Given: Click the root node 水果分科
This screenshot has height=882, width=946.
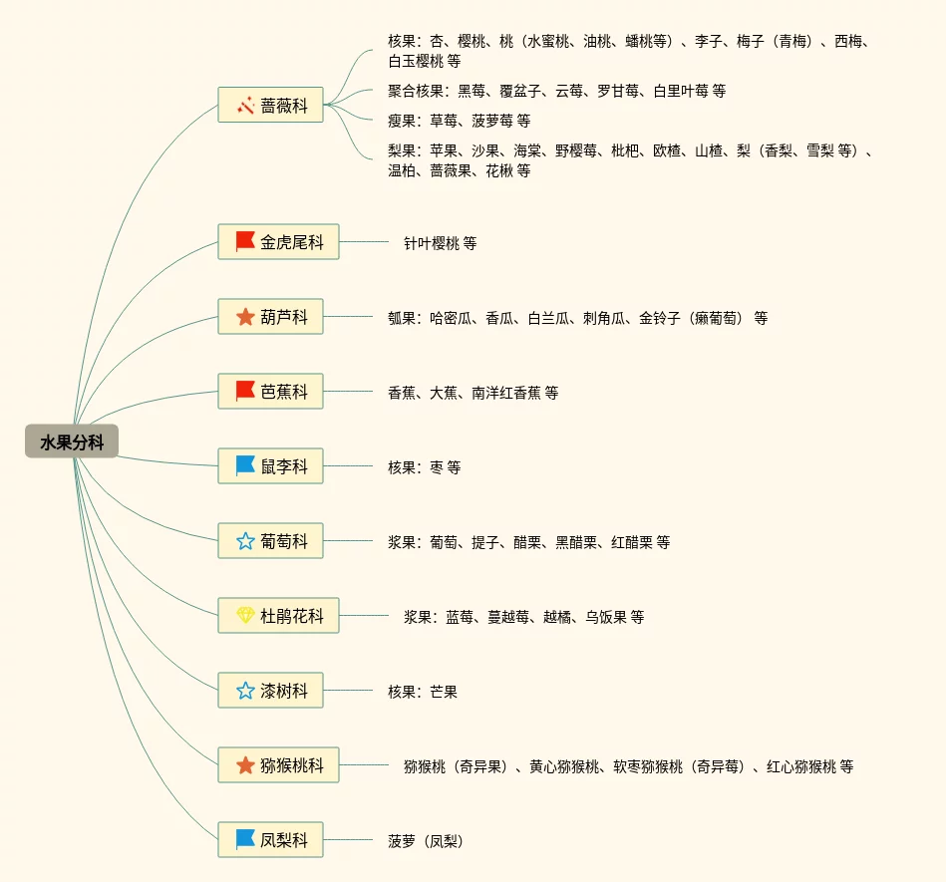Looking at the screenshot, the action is pyautogui.click(x=72, y=441).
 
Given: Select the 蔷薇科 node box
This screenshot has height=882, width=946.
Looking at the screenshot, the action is pyautogui.click(x=270, y=105).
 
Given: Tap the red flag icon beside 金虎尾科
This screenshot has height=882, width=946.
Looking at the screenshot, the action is pyautogui.click(x=245, y=242).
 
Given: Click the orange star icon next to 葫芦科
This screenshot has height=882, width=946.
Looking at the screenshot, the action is pyautogui.click(x=245, y=317).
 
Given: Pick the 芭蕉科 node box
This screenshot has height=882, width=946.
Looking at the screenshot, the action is pyautogui.click(x=270, y=392).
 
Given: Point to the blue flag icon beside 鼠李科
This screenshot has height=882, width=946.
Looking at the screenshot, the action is pyautogui.click(x=245, y=466).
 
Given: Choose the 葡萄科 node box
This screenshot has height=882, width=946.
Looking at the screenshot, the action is pyautogui.click(x=270, y=541).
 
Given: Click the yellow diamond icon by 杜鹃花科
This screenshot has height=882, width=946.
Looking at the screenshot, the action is pyautogui.click(x=245, y=616).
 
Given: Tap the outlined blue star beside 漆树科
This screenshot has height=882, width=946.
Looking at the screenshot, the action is pyautogui.click(x=245, y=691).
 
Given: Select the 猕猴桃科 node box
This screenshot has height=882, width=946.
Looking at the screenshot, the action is pyautogui.click(x=278, y=765).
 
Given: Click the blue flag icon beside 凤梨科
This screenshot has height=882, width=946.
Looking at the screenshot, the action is pyautogui.click(x=245, y=840).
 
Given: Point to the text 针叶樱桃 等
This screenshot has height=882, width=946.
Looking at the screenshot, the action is pyautogui.click(x=440, y=243).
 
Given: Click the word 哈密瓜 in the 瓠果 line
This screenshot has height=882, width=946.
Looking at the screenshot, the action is pyautogui.click(x=451, y=318).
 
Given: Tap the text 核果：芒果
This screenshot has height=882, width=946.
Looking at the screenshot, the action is pyautogui.click(x=423, y=692).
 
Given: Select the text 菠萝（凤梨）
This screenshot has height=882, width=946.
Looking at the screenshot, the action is pyautogui.click(x=426, y=841).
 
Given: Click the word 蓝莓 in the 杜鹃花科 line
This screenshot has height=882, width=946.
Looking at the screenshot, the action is pyautogui.click(x=460, y=617).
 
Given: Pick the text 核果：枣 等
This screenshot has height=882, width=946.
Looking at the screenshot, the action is pyautogui.click(x=424, y=467).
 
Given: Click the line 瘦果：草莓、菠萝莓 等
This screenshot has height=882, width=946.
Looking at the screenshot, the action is pyautogui.click(x=459, y=121).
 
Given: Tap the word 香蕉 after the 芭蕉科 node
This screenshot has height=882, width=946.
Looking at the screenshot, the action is pyautogui.click(x=402, y=393).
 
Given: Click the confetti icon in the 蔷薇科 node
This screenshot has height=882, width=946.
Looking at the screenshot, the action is pyautogui.click(x=245, y=105).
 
